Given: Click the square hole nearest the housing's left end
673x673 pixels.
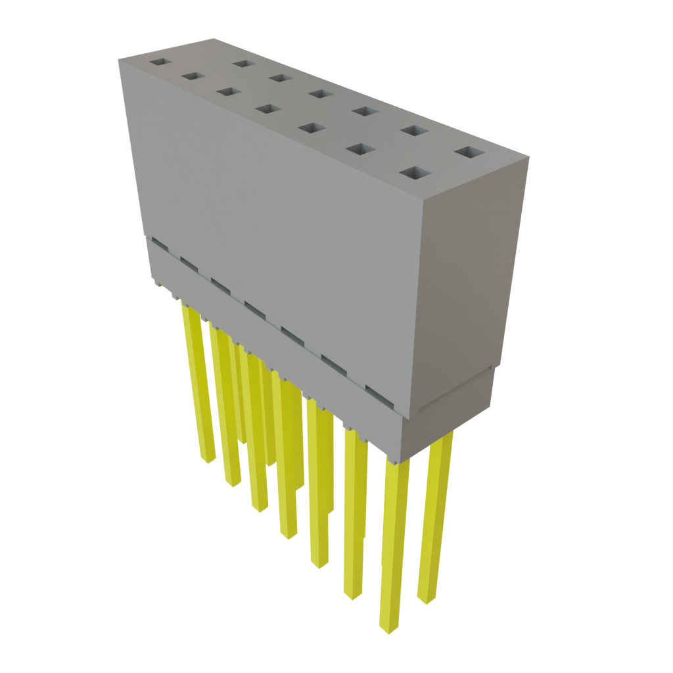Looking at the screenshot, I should pyautogui.click(x=159, y=63).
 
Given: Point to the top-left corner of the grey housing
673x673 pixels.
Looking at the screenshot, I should pyautogui.click(x=119, y=58).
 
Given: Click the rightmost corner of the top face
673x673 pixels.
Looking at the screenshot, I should pyautogui.click(x=528, y=157).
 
